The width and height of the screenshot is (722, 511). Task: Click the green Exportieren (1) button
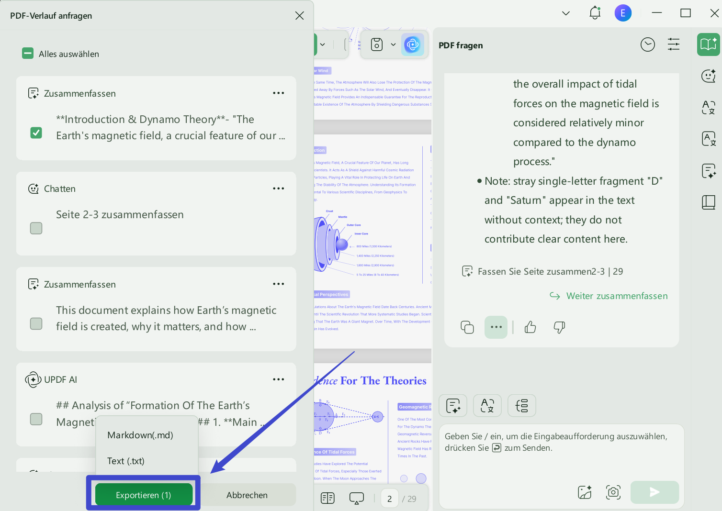pyautogui.click(x=144, y=495)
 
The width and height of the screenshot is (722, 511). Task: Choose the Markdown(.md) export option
pyautogui.click(x=140, y=435)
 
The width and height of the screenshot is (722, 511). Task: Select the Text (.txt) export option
pyautogui.click(x=126, y=461)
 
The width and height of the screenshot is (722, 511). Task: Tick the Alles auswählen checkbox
pyautogui.click(x=28, y=54)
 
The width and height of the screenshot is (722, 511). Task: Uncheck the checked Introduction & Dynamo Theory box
pyautogui.click(x=36, y=133)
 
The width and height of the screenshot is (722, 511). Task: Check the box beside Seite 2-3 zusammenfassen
pyautogui.click(x=36, y=228)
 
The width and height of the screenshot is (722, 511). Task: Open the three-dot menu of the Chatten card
pyautogui.click(x=278, y=189)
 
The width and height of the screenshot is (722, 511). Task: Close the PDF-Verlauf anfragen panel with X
pyautogui.click(x=300, y=16)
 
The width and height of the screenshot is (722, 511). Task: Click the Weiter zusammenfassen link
pyautogui.click(x=617, y=296)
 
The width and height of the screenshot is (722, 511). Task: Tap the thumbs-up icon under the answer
pyautogui.click(x=530, y=327)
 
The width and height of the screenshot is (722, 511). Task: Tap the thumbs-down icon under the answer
pyautogui.click(x=559, y=327)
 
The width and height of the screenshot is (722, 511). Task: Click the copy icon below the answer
pyautogui.click(x=467, y=327)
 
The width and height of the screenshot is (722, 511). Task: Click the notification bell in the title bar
pyautogui.click(x=595, y=13)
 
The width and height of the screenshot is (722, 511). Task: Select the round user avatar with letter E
pyautogui.click(x=623, y=13)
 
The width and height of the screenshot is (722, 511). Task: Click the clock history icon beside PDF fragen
pyautogui.click(x=647, y=45)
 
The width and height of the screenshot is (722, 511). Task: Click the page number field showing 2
pyautogui.click(x=390, y=499)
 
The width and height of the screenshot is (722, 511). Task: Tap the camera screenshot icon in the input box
pyautogui.click(x=613, y=492)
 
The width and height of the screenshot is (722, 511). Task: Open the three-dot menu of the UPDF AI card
pyautogui.click(x=278, y=379)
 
